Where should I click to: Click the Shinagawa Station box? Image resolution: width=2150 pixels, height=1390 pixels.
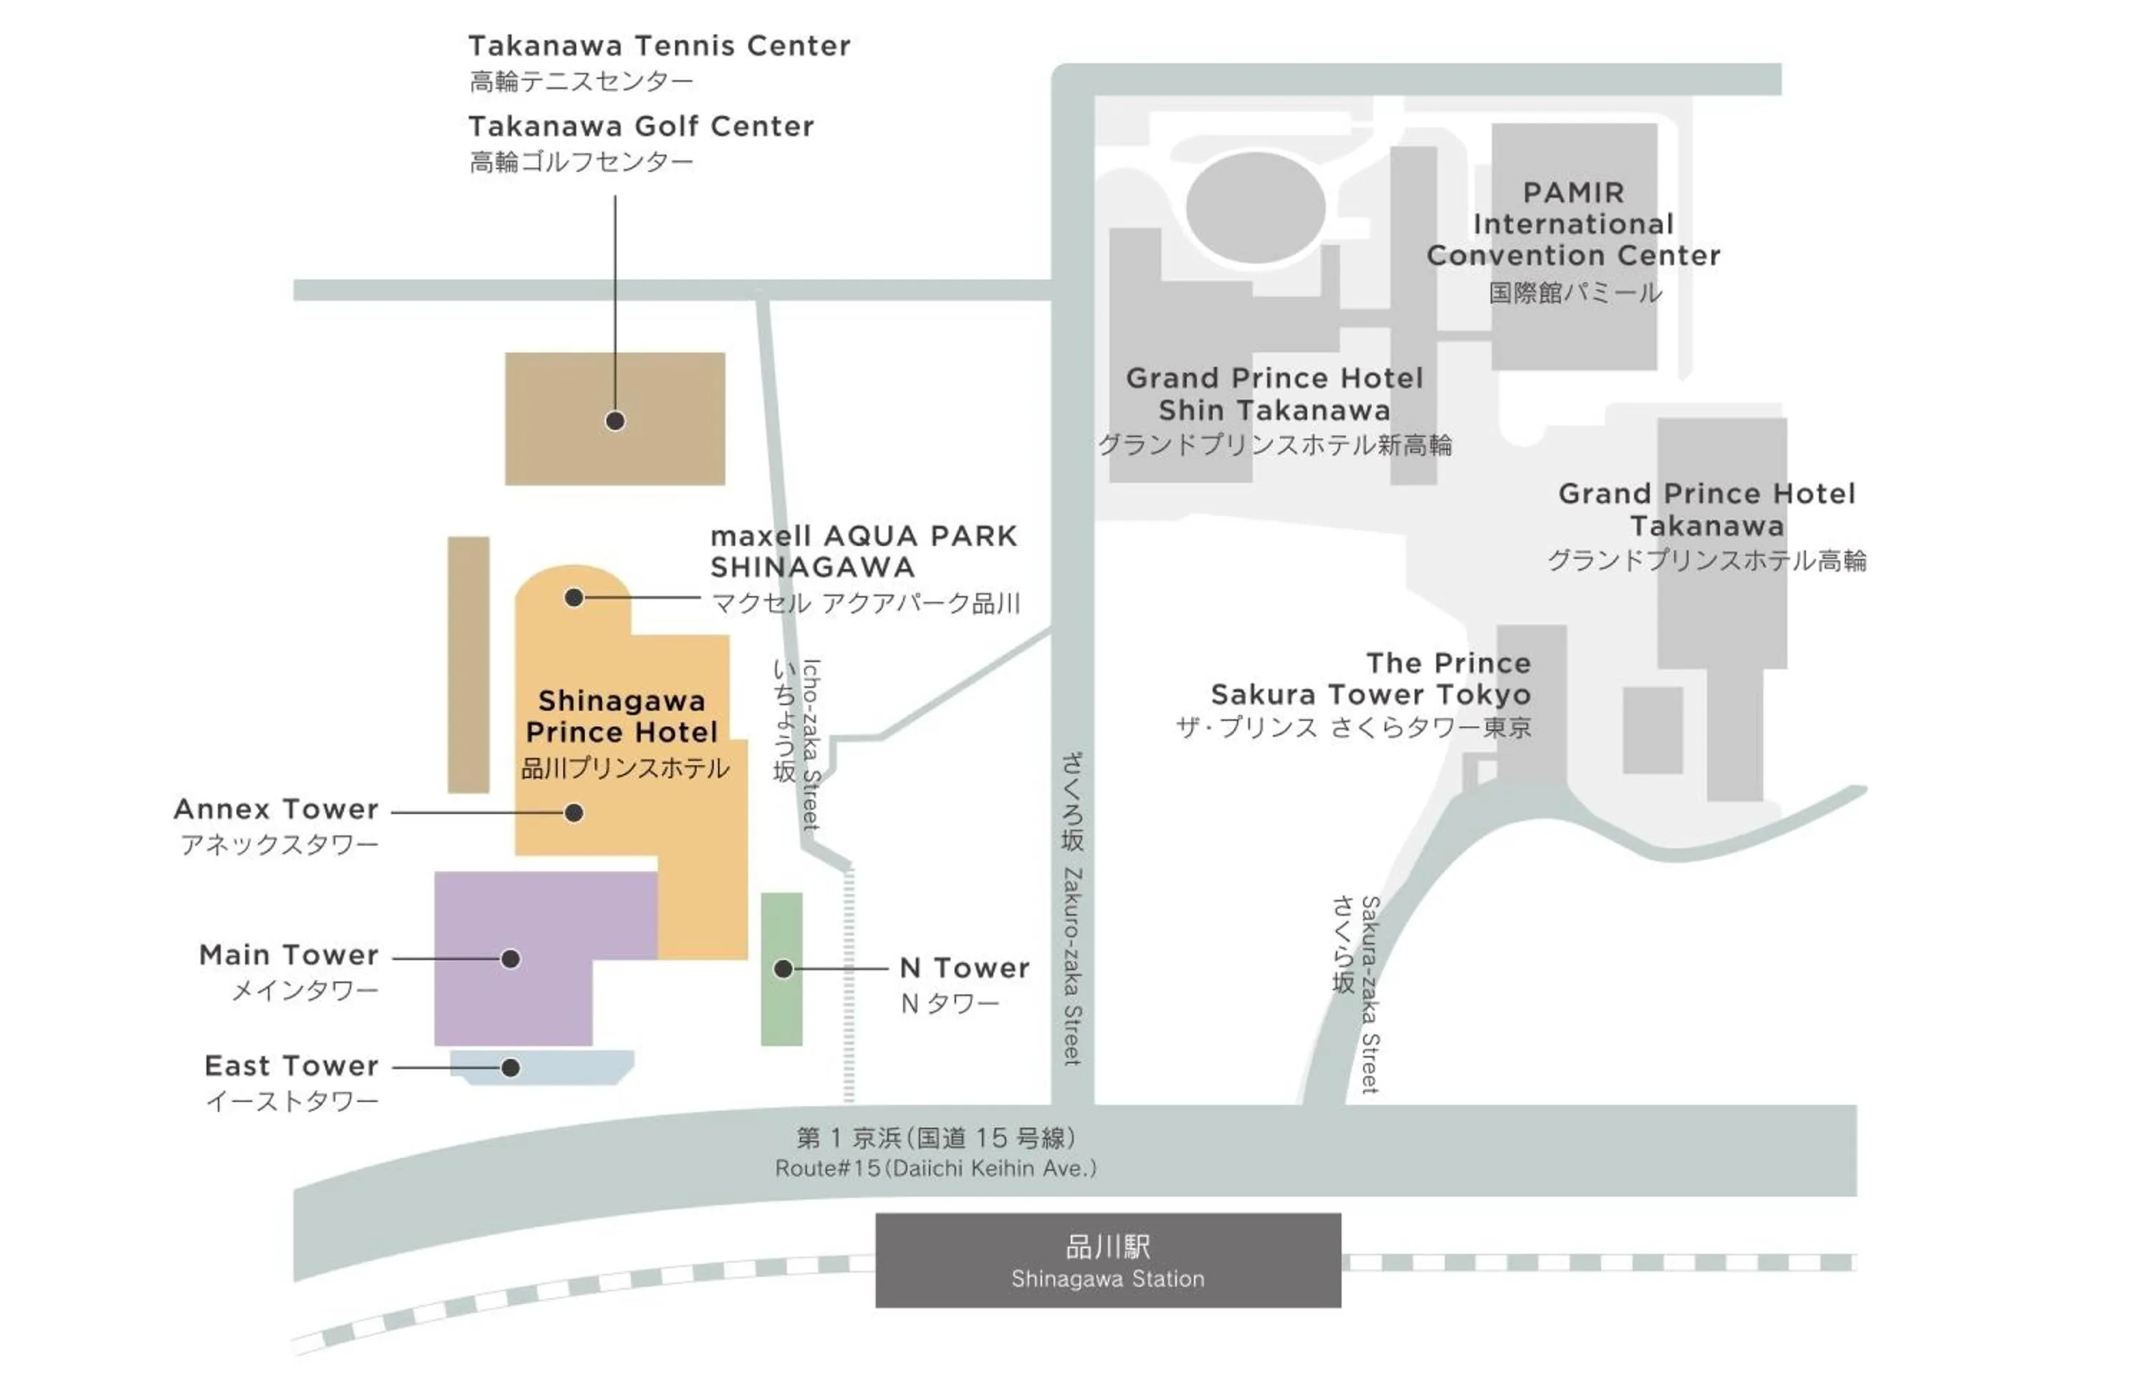[x=1107, y=1260]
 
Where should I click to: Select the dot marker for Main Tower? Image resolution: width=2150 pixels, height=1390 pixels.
[x=510, y=959]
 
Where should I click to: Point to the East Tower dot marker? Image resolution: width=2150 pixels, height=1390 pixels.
[x=510, y=1068]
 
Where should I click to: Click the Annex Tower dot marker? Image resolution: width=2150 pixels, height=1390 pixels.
[x=573, y=813]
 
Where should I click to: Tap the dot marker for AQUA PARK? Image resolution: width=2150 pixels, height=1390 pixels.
[x=573, y=598]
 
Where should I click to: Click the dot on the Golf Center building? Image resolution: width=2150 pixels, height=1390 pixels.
[x=615, y=421]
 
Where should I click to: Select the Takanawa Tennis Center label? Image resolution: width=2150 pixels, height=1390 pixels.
[x=659, y=46]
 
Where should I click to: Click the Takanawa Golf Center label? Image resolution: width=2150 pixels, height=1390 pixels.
[x=641, y=126]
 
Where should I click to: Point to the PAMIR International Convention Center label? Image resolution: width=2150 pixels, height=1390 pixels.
[x=1573, y=224]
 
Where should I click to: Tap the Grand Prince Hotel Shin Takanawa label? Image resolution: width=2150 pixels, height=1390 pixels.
[x=1274, y=395]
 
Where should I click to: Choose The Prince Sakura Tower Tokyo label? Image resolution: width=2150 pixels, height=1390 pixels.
[x=1370, y=679]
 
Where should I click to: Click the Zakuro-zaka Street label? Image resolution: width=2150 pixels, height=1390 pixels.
[x=1072, y=966]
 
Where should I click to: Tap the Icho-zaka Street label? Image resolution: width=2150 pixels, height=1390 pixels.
[x=811, y=744]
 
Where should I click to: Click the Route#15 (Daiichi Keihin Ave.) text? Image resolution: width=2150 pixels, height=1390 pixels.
[x=936, y=1168]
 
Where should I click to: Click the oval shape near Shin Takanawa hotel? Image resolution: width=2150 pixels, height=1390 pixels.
[x=1255, y=208]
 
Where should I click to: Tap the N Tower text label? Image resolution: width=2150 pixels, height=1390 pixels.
[x=964, y=969]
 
